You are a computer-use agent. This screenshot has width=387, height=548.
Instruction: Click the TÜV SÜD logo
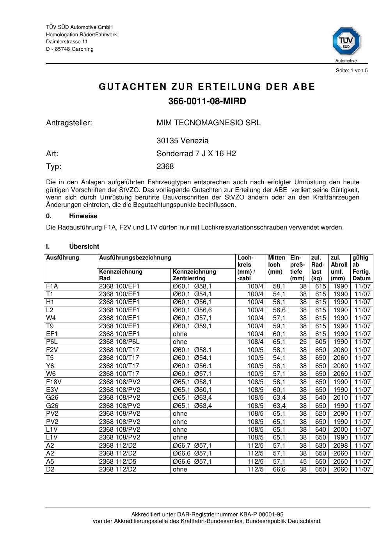coord(346,41)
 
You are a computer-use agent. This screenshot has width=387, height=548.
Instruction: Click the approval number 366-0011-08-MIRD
coord(207,101)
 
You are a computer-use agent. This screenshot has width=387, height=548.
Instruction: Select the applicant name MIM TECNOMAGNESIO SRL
coord(208,123)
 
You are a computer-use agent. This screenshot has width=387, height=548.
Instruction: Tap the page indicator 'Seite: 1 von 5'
coord(351,71)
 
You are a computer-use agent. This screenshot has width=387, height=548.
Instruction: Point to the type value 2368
coord(165,167)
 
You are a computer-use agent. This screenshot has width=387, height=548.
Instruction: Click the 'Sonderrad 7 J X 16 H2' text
coord(196,154)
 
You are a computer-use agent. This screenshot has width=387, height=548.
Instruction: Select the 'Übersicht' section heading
coord(84,247)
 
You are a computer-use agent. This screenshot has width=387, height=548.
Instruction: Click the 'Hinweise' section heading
coord(83,216)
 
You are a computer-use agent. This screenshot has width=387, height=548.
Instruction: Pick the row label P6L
coord(52,342)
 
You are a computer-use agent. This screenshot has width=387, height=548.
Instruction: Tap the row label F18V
coord(54,382)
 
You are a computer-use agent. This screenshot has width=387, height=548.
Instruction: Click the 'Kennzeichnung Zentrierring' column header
coord(194,275)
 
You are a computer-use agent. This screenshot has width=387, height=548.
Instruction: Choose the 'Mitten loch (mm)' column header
coord(277,265)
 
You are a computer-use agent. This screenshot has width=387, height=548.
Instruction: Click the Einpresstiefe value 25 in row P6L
coord(303,342)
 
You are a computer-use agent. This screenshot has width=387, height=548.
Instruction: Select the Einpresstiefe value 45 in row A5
coord(303,461)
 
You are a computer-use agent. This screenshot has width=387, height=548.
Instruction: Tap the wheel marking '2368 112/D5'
coord(118,461)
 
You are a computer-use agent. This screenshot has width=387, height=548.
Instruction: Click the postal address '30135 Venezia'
coord(182,141)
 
